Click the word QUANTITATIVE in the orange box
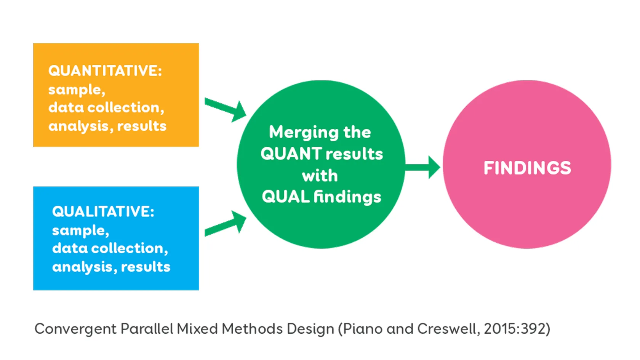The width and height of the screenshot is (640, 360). (104, 71)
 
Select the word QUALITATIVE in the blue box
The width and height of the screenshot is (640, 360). (102, 211)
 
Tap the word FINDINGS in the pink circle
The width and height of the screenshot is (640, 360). (527, 168)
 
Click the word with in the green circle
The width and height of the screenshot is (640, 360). (320, 176)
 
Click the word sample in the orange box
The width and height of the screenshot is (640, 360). (75, 90)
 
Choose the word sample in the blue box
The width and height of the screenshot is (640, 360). (79, 230)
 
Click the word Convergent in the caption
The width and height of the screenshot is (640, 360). (75, 329)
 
